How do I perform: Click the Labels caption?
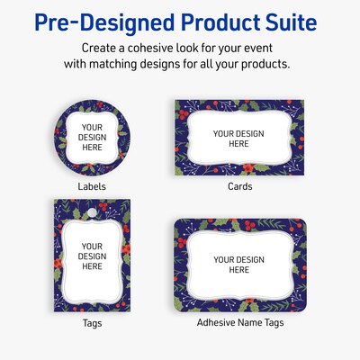coord(91,186)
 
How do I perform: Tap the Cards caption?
coord(239,186)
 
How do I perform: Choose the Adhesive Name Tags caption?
coord(239,321)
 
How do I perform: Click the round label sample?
coord(92,138)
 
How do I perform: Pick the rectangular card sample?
coord(238,139)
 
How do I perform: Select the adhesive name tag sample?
coord(238,265)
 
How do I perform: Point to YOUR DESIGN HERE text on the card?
coord(238,139)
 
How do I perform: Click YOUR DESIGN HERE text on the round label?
coord(92,139)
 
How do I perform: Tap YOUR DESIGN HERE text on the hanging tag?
coord(92,256)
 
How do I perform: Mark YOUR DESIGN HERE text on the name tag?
coord(238,265)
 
